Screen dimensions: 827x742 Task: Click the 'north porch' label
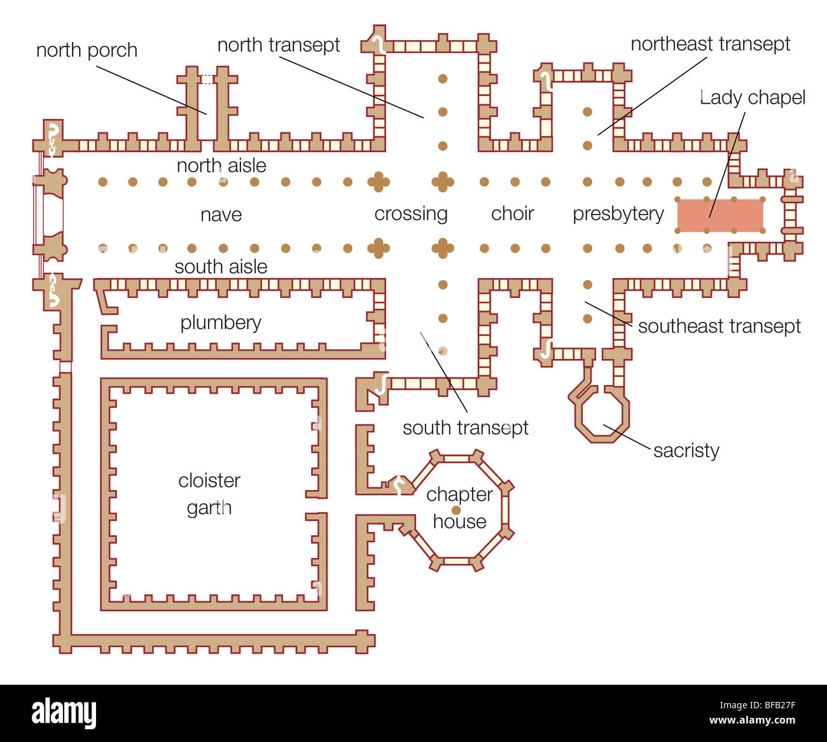point(87,51)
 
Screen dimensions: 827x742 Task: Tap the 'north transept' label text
point(279,45)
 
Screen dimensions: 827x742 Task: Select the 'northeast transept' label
point(710,45)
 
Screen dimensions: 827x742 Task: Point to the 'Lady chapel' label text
point(753,99)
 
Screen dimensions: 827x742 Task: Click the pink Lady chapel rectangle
point(720,215)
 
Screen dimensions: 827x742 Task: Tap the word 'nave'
point(221,215)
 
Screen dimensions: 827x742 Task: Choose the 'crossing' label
point(411,214)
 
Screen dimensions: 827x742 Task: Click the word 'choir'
point(512,214)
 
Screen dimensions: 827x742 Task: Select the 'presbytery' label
point(618,214)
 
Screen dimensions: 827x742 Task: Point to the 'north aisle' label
point(221,166)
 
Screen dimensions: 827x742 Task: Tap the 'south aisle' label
point(221,267)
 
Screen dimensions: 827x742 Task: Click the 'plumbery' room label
point(220,323)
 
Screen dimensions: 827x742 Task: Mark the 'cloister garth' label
point(209,494)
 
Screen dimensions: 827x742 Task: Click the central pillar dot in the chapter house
point(456,510)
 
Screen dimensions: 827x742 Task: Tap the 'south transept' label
point(465,429)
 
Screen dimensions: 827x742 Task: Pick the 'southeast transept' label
point(719,326)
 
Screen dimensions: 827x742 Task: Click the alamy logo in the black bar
point(64,713)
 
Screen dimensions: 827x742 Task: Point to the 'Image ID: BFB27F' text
point(757,705)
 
